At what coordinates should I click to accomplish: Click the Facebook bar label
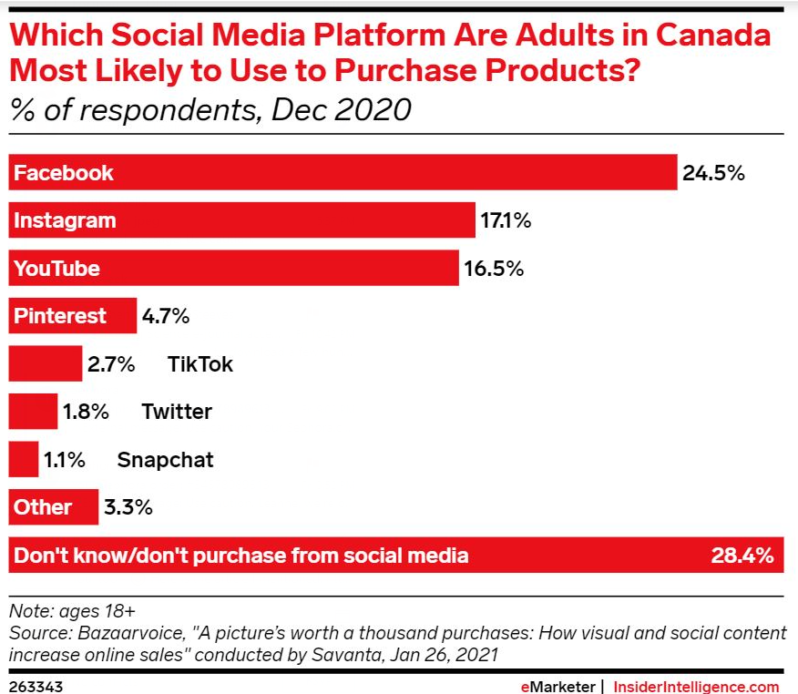[64, 173]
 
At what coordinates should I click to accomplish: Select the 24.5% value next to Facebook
[714, 173]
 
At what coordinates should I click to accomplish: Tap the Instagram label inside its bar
[66, 220]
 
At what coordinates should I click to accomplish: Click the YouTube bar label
[56, 269]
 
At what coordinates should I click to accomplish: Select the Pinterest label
[60, 316]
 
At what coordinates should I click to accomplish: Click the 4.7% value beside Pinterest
[165, 316]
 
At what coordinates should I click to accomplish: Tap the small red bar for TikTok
[45, 364]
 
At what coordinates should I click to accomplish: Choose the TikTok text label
[200, 364]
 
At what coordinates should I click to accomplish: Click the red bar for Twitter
[33, 412]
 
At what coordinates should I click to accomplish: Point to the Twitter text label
[177, 412]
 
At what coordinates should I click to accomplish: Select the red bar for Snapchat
[24, 460]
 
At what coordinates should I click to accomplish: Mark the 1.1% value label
[64, 460]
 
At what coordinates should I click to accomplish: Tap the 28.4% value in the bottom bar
[742, 556]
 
